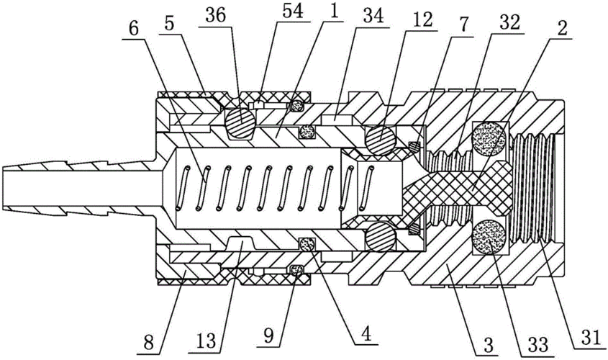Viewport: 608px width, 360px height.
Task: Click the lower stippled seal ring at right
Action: pos(489,235)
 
